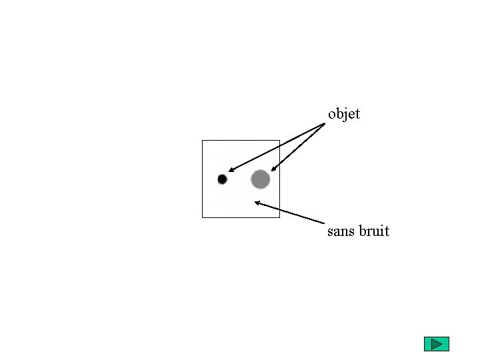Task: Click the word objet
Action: [344, 114]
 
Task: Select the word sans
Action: [341, 231]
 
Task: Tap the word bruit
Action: [374, 231]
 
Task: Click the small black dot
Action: [222, 179]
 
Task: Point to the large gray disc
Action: [260, 179]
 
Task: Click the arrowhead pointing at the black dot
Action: [230, 171]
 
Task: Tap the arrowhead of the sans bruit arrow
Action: [257, 203]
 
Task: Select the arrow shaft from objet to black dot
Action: [277, 147]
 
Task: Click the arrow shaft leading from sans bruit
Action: [291, 213]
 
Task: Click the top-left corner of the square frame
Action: [202, 141]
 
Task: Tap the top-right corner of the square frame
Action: [279, 141]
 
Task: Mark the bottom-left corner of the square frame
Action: [202, 217]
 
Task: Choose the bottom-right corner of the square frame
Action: [279, 217]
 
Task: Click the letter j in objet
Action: [345, 115]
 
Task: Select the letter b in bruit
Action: [365, 231]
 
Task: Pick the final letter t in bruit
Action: [387, 231]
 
